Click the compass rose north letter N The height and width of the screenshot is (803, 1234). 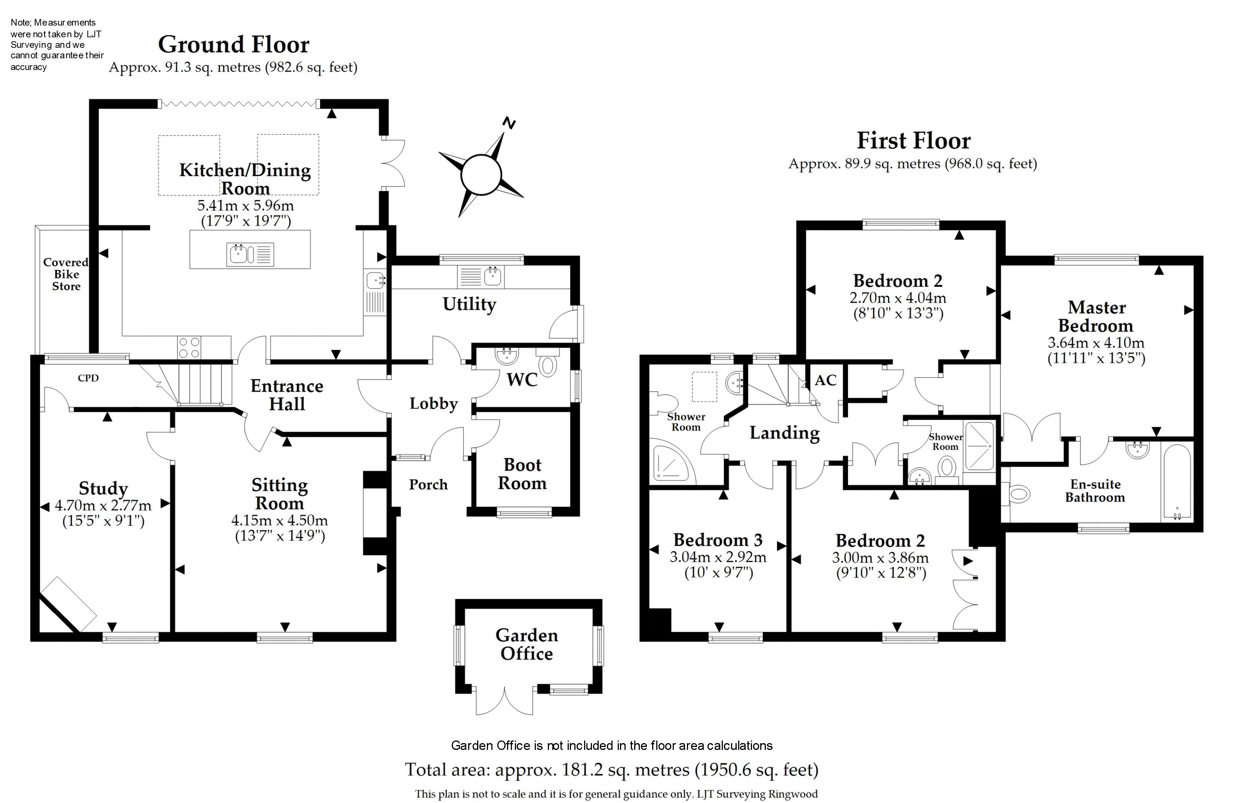pyautogui.click(x=510, y=123)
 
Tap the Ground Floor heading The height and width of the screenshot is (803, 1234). pyautogui.click(x=233, y=45)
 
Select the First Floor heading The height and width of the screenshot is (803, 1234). pyautogui.click(x=913, y=141)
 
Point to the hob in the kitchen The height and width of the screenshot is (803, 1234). pyautogui.click(x=189, y=347)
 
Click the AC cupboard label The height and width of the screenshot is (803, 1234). pyautogui.click(x=825, y=380)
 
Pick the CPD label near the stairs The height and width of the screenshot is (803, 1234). pyautogui.click(x=88, y=378)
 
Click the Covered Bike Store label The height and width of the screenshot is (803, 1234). pyautogui.click(x=66, y=275)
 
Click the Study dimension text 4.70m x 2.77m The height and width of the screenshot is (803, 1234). pyautogui.click(x=103, y=505)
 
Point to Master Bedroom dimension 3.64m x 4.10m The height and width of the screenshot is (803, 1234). pyautogui.click(x=1096, y=343)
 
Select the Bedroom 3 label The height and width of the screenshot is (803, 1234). pyautogui.click(x=718, y=540)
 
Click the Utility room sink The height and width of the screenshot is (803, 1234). pyautogui.click(x=492, y=276)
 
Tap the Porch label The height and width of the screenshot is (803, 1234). pyautogui.click(x=428, y=484)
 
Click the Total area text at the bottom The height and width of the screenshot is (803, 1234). pyautogui.click(x=611, y=770)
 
